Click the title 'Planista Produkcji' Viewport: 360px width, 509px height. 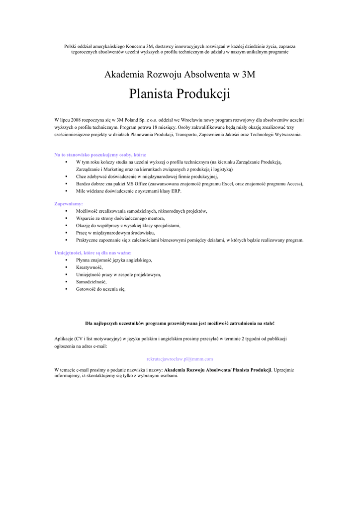click(x=180, y=93)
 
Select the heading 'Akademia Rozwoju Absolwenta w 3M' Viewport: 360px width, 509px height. click(x=180, y=75)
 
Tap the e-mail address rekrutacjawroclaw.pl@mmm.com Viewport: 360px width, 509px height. click(x=180, y=358)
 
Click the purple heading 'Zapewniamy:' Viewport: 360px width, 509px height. click(x=69, y=204)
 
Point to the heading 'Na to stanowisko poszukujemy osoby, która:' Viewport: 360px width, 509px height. click(x=100, y=155)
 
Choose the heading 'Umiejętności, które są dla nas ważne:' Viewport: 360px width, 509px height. click(x=93, y=253)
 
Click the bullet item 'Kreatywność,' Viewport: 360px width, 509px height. click(x=90, y=267)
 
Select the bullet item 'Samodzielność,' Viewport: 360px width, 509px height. click(x=91, y=282)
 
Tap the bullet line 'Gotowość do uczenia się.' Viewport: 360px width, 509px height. click(x=101, y=289)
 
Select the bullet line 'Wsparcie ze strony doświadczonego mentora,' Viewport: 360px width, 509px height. click(x=120, y=218)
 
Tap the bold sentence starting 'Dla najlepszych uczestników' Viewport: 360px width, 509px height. click(x=180, y=323)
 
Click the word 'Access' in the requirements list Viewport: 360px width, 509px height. click(x=293, y=183)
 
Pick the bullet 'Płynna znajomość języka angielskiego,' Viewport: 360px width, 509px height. click(x=114, y=260)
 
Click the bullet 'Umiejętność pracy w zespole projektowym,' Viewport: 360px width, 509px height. click(x=118, y=274)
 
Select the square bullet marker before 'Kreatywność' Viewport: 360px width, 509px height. click(x=66, y=267)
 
